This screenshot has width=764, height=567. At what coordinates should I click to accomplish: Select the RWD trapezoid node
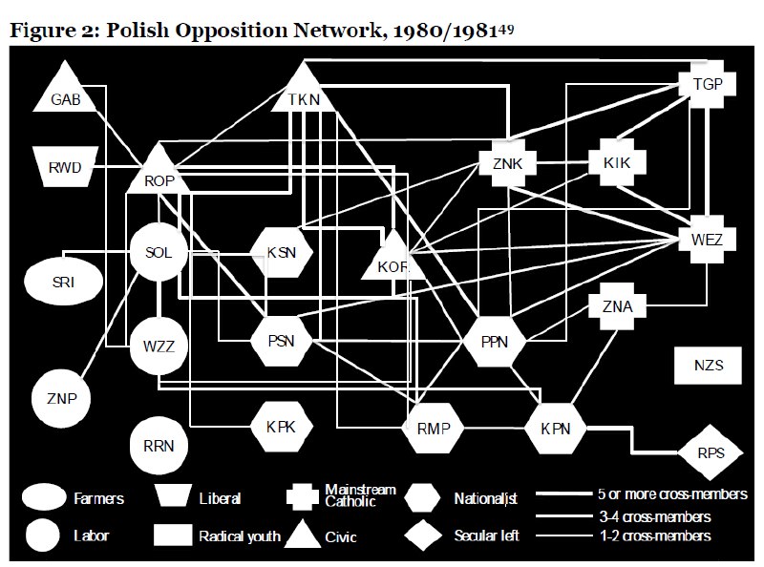pyautogui.click(x=65, y=167)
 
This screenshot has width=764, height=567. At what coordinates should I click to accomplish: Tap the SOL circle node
pyautogui.click(x=159, y=252)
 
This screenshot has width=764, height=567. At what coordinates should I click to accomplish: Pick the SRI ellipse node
pyautogui.click(x=63, y=282)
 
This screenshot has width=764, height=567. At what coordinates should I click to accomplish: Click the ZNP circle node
pyautogui.click(x=61, y=398)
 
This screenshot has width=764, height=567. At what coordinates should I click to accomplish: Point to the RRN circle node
pyautogui.click(x=159, y=445)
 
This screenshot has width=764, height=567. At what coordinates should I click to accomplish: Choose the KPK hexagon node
pyautogui.click(x=281, y=427)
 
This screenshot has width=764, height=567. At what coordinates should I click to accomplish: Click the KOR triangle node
pyautogui.click(x=393, y=258)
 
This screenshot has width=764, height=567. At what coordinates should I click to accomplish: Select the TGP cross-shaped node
pyautogui.click(x=708, y=84)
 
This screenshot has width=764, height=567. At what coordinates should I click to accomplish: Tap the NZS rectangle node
pyautogui.click(x=708, y=365)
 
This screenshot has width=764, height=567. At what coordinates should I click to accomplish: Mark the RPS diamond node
pyautogui.click(x=711, y=453)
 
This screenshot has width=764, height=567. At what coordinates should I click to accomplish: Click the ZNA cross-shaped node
pyautogui.click(x=617, y=306)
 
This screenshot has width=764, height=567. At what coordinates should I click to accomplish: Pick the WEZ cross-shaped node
pyautogui.click(x=707, y=240)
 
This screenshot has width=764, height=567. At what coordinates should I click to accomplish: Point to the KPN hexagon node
pyautogui.click(x=556, y=429)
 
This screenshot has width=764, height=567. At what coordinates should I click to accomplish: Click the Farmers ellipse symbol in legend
pyautogui.click(x=44, y=498)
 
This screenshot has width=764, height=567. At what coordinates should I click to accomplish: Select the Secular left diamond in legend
pyautogui.click(x=423, y=535)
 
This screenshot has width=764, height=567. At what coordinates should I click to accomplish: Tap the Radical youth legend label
pyautogui.click(x=240, y=536)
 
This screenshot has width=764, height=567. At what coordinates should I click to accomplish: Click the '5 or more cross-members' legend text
pyautogui.click(x=672, y=493)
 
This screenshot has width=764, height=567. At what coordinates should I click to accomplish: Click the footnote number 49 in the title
pyautogui.click(x=506, y=30)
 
